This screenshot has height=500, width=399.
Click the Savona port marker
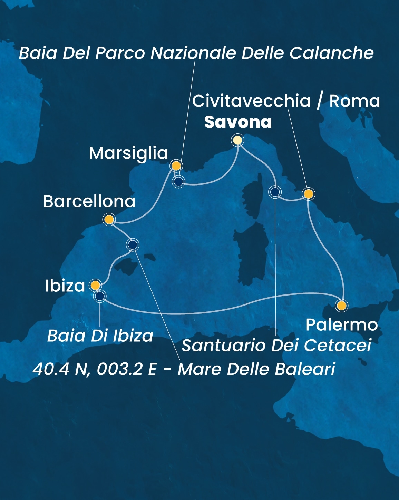(x=237, y=140)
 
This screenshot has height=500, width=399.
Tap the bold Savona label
(x=238, y=122)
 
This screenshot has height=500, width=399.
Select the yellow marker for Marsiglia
(x=176, y=166)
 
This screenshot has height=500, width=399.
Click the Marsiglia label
(x=128, y=153)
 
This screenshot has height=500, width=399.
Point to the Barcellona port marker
(x=109, y=219)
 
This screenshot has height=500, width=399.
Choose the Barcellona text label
(x=89, y=201)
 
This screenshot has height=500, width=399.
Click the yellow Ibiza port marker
(x=95, y=285)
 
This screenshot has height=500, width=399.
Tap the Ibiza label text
(x=65, y=286)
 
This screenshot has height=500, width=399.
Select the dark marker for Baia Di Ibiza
(x=100, y=296)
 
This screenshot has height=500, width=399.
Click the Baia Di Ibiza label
(x=100, y=336)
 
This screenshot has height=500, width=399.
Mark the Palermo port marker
(x=341, y=306)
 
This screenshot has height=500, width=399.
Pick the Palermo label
(x=342, y=325)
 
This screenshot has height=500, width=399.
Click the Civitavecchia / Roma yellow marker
(x=308, y=194)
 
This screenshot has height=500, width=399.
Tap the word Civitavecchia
(x=251, y=101)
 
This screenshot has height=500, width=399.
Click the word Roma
(x=354, y=101)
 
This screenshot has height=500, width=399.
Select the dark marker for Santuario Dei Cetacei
(x=275, y=192)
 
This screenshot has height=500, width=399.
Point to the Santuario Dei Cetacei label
(x=276, y=345)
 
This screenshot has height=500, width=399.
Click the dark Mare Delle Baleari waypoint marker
(x=133, y=245)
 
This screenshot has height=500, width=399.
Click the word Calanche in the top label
(x=331, y=53)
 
